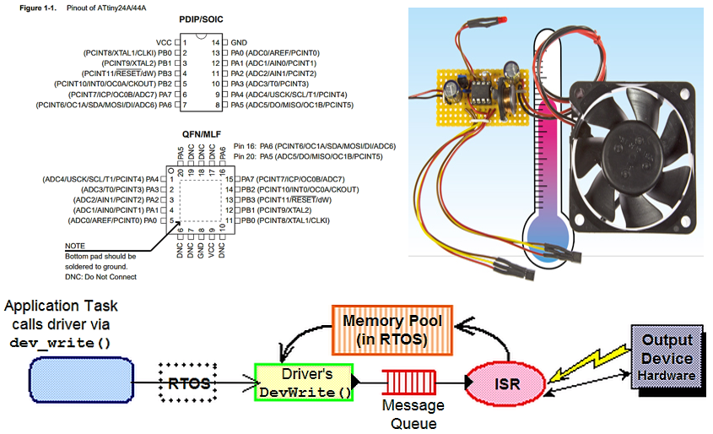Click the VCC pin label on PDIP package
(164, 41)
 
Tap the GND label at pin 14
(239, 41)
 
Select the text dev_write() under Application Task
(60, 344)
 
